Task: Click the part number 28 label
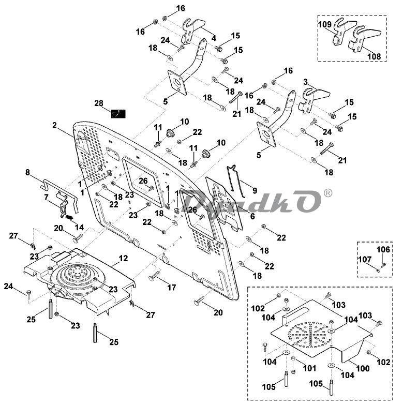[x=99, y=103]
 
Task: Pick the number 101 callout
[x=309, y=369]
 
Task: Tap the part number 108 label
[x=374, y=56]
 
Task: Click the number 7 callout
[x=46, y=197]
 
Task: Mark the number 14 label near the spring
[x=79, y=227]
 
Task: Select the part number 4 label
[x=213, y=37]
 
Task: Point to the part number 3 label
[x=305, y=82]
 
